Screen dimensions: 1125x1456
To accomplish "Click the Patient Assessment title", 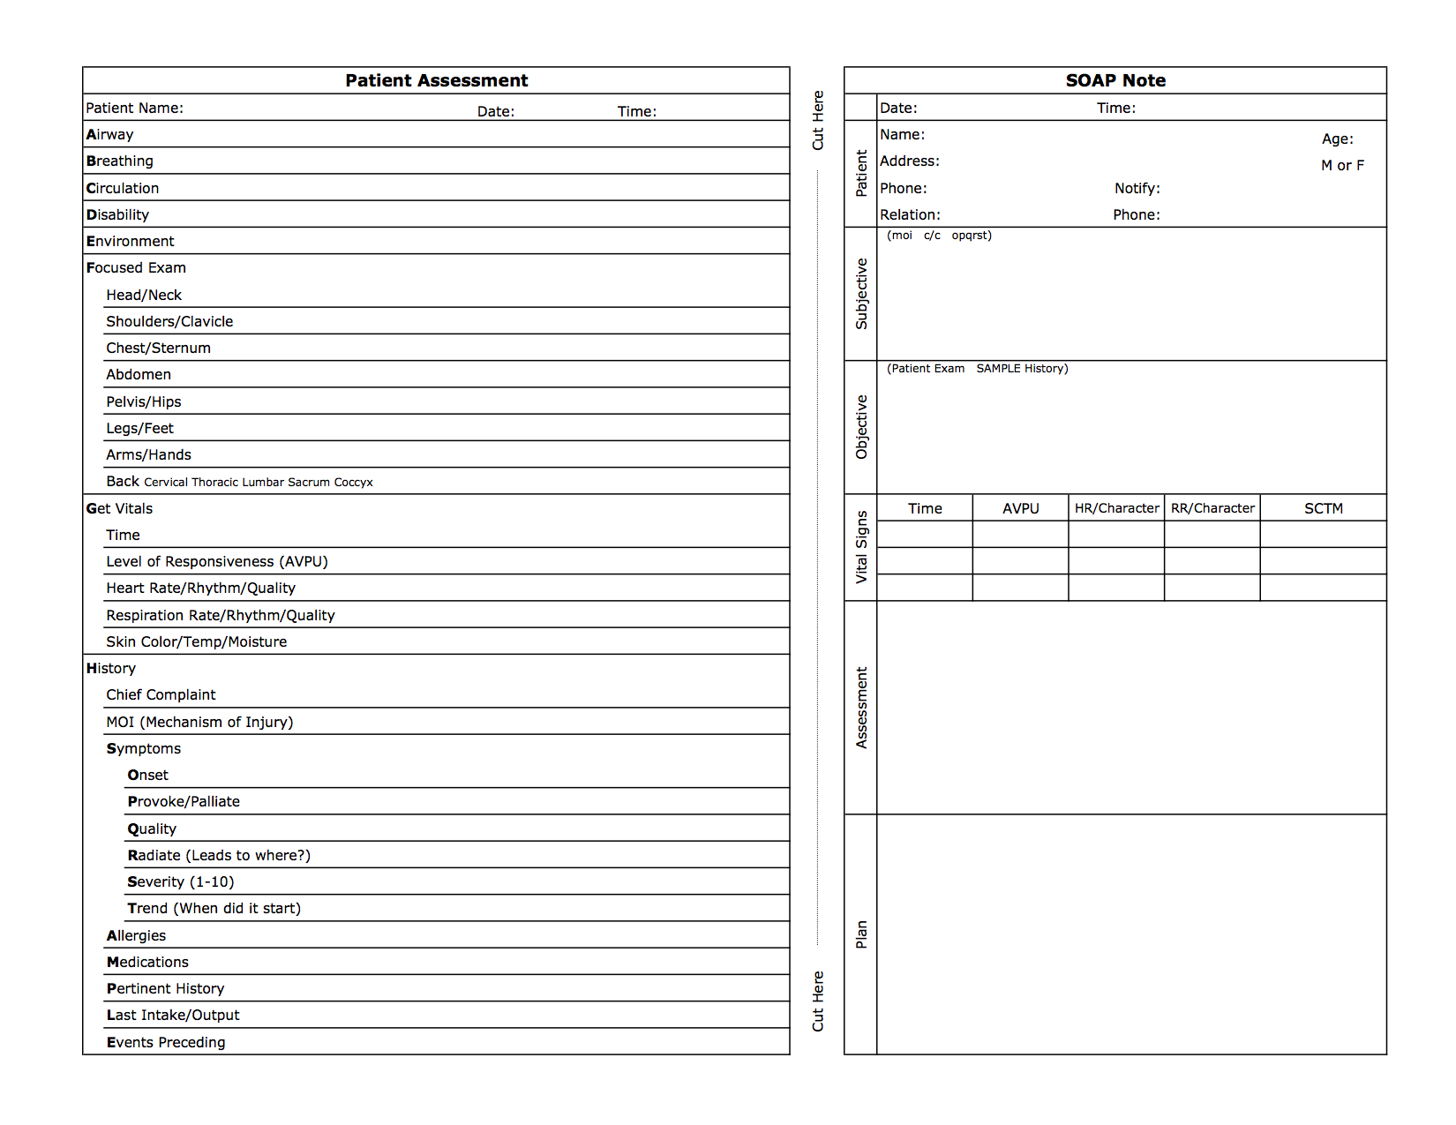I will click(x=436, y=80).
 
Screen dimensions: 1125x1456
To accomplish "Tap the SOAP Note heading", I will click(x=1115, y=80).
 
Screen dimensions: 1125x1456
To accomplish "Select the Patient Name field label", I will click(x=134, y=108).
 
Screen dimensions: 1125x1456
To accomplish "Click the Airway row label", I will click(x=110, y=134).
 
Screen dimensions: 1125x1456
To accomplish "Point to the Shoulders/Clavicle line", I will click(x=169, y=321).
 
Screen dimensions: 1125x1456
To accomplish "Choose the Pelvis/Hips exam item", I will click(x=144, y=401).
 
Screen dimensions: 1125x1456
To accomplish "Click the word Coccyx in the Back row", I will click(x=353, y=482).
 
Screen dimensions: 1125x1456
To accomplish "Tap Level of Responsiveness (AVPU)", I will click(x=217, y=561).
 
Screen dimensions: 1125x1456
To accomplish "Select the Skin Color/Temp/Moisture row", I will click(x=197, y=641).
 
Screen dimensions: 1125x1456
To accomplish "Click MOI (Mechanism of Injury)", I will click(x=199, y=722).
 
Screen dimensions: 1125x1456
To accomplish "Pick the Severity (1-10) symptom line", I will click(x=181, y=881).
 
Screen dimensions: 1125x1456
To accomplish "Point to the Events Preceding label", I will click(x=166, y=1042).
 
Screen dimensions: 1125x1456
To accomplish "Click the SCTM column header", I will click(x=1324, y=508).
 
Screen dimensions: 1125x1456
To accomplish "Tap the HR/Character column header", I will click(x=1116, y=508).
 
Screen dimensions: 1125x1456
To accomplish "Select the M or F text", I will click(x=1342, y=165).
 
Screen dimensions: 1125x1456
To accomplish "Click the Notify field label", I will click(x=1137, y=188).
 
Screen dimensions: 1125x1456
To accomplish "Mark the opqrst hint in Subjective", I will click(x=972, y=236).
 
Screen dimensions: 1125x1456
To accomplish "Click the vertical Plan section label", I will click(x=861, y=934).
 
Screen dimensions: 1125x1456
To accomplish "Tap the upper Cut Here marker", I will click(x=818, y=120).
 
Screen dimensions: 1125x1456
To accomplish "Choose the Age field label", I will click(x=1337, y=139).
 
